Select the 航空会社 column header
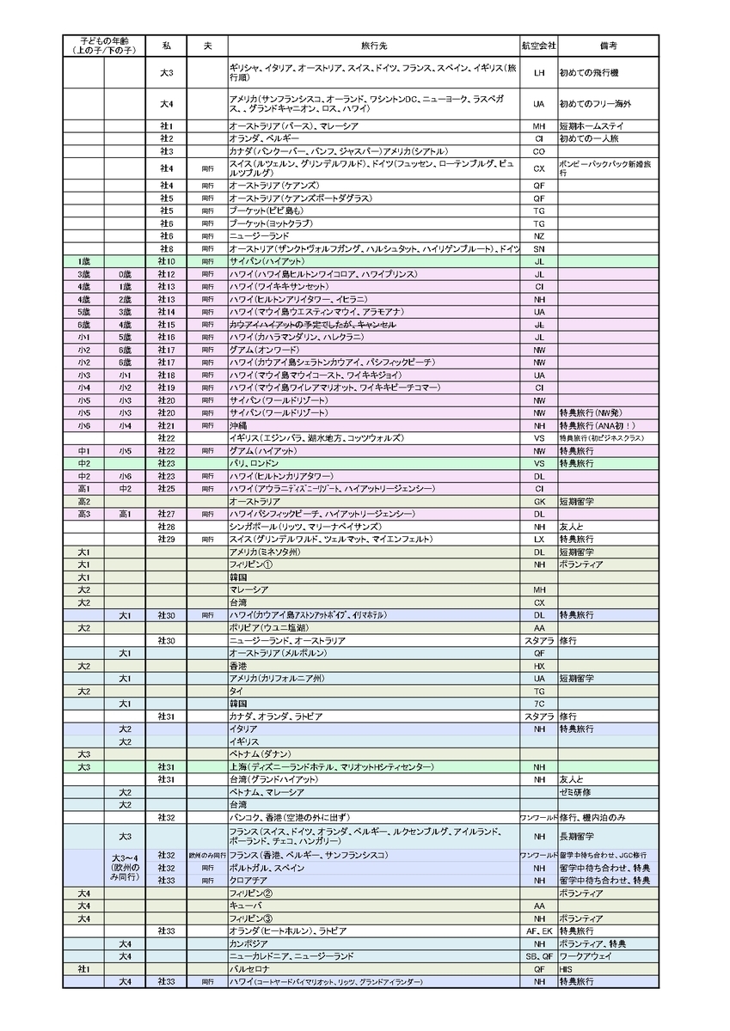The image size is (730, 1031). coord(539,45)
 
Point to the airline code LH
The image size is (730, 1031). coord(539,73)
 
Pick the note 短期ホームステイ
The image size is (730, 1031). coord(592,125)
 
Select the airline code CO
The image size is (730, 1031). coord(539,150)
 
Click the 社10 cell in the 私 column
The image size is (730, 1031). coord(167,261)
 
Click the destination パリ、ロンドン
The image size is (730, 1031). coord(249,463)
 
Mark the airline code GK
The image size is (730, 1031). coord(539,501)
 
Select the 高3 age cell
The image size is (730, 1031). coord(84,514)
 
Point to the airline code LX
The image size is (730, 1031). coord(539,539)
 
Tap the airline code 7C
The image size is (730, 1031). coord(539,704)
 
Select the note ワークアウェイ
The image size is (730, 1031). coord(586,955)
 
